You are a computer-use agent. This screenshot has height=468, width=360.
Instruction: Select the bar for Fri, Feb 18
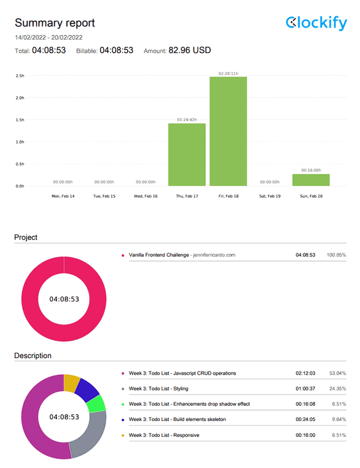coord(228,131)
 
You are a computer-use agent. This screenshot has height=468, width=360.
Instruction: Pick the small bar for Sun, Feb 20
coord(311,180)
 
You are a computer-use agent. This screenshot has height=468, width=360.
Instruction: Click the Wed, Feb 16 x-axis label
coord(146,196)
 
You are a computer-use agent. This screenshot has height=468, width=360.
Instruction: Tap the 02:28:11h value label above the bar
coord(228,73)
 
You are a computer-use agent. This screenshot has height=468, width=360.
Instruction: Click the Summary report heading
coord(55,23)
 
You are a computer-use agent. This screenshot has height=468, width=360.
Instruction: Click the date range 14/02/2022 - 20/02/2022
coord(48,37)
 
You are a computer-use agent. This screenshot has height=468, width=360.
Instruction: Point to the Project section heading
coord(26,237)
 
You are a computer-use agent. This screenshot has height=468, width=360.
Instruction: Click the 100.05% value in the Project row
coord(336,255)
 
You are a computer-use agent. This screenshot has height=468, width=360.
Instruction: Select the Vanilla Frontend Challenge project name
coord(159,255)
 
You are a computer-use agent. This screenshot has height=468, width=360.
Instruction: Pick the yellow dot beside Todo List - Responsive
coord(123,435)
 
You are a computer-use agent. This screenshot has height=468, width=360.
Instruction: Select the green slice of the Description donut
coord(96,404)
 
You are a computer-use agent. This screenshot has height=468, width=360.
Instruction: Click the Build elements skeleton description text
coord(184,419)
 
